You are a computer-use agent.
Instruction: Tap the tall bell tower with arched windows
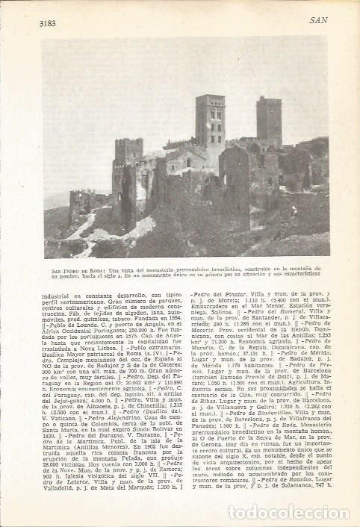(211, 121)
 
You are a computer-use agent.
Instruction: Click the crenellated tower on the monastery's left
(128, 153)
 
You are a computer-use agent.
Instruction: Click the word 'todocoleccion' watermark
(277, 512)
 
